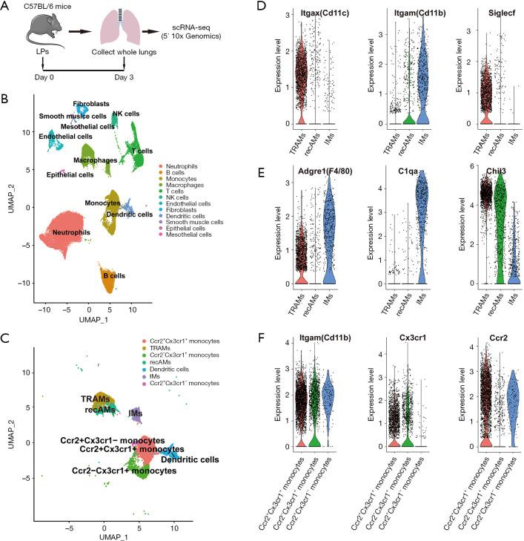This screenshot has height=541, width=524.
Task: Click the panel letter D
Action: pyautogui.click(x=273, y=7)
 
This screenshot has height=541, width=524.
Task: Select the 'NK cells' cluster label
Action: pyautogui.click(x=125, y=116)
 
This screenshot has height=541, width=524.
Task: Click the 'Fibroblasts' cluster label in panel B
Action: pyautogui.click(x=92, y=104)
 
